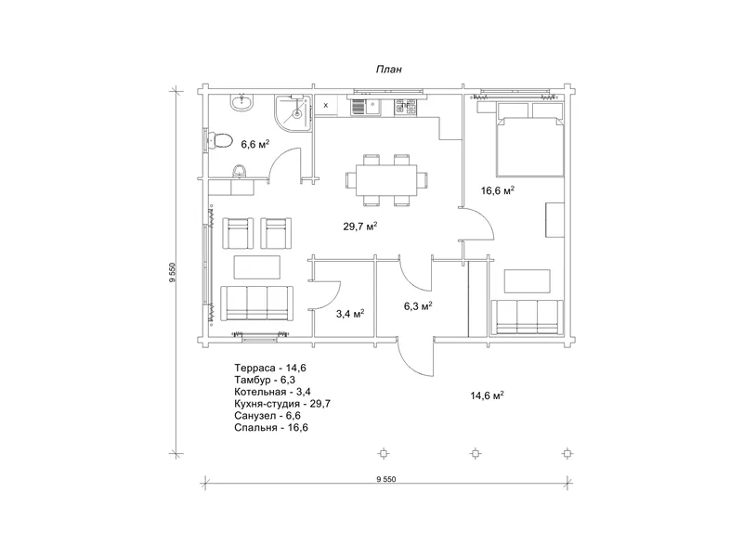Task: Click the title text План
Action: point(388,69)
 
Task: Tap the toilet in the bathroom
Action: point(220,141)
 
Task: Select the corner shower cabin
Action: point(293,113)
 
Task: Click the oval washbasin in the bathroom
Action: point(242,103)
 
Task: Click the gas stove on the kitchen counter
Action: point(406,108)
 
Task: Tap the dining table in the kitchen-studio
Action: point(386,180)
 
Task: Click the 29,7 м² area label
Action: point(360,227)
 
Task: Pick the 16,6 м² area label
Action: point(498,191)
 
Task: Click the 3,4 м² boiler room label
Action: point(350,313)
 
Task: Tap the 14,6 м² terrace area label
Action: point(487,395)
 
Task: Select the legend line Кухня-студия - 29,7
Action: point(282,404)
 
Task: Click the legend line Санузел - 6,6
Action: point(267,415)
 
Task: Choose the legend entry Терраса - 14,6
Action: point(270,368)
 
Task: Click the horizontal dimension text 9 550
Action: point(386,479)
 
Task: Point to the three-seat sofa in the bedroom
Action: point(527,317)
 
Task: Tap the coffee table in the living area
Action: point(257,267)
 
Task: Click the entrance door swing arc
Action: point(411,362)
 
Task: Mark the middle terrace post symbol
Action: point(476,453)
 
